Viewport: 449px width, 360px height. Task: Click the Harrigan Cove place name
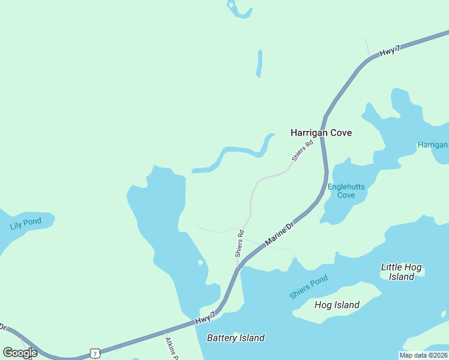(x=321, y=133)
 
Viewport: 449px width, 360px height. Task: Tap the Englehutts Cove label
(x=346, y=191)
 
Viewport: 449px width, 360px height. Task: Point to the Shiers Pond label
(x=309, y=287)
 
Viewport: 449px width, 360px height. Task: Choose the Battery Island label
(x=235, y=338)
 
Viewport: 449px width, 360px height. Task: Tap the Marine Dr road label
(x=279, y=233)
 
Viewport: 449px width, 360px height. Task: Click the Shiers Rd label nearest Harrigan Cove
(x=303, y=151)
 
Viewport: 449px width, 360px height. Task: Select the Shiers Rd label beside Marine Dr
(x=240, y=244)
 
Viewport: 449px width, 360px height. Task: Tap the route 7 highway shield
(x=95, y=353)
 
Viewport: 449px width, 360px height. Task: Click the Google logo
(x=20, y=353)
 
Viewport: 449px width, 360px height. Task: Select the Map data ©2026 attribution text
(x=423, y=355)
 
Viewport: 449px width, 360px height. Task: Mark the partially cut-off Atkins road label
(x=171, y=347)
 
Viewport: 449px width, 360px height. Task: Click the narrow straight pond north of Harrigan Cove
(x=259, y=64)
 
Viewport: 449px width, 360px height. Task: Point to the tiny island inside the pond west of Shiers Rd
(x=200, y=263)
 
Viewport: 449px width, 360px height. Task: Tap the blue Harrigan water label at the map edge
(x=433, y=145)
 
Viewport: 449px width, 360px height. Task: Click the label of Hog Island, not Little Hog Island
(x=337, y=305)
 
